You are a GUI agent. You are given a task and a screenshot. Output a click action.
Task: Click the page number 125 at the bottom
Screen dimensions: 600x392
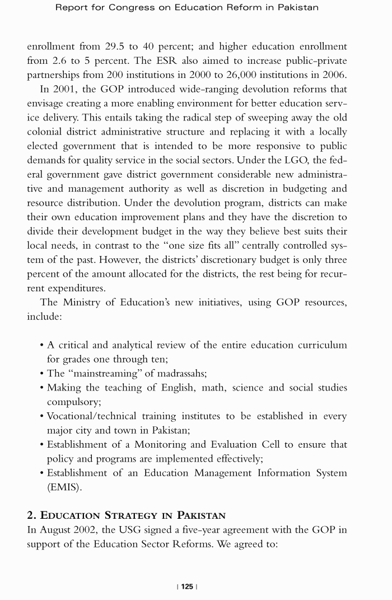pyautogui.click(x=187, y=586)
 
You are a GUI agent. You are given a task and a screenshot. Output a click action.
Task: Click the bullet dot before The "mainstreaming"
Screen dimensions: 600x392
pyautogui.click(x=42, y=374)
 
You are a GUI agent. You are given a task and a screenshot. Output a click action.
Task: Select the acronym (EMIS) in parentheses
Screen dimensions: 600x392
pyautogui.click(x=64, y=487)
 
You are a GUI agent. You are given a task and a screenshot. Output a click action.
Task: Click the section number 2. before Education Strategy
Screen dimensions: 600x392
pyautogui.click(x=32, y=515)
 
